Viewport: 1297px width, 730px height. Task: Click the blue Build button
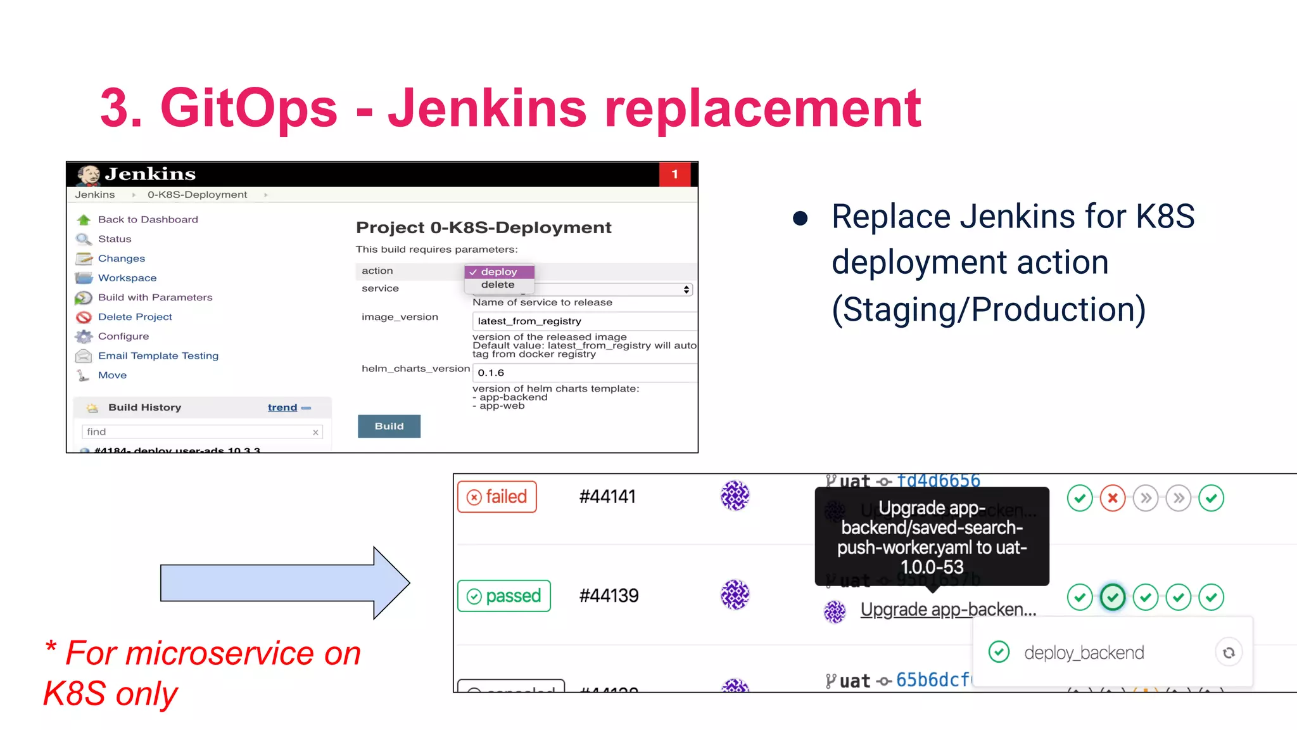point(389,426)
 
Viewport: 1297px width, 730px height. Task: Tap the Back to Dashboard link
point(148,219)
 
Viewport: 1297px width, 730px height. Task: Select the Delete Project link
point(135,317)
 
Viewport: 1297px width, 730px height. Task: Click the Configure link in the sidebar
point(123,336)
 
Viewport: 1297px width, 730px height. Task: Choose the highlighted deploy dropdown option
point(499,272)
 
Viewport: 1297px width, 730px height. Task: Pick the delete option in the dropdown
point(498,285)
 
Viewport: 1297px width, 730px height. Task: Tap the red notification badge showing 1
point(674,174)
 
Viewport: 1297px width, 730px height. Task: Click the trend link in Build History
point(282,407)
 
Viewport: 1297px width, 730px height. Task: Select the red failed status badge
point(497,497)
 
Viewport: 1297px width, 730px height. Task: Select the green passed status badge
point(504,596)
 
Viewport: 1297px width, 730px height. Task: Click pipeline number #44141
point(607,497)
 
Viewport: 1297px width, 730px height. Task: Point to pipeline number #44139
point(609,596)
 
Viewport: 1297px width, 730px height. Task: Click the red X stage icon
point(1113,498)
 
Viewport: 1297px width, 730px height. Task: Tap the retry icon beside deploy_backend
point(1229,653)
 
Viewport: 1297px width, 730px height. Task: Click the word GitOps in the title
point(249,108)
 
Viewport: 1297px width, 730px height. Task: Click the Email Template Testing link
point(158,356)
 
